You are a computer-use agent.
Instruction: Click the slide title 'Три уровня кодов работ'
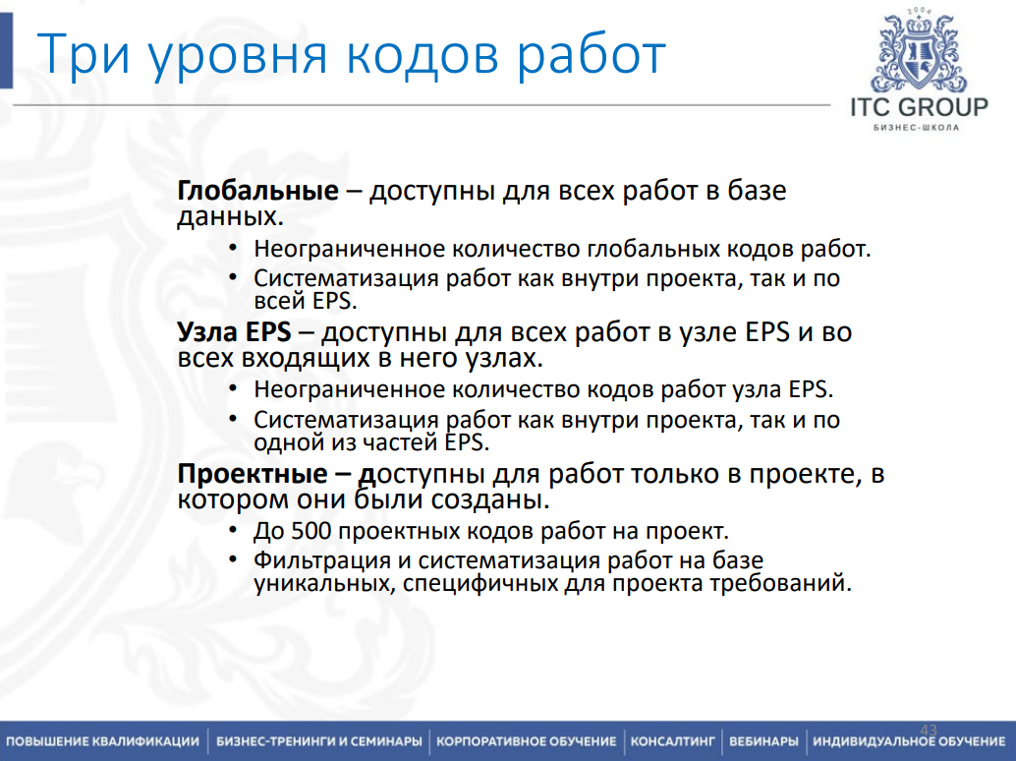point(352,55)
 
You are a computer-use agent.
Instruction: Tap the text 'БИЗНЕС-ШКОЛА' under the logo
point(920,128)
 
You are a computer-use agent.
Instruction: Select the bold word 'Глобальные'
point(257,191)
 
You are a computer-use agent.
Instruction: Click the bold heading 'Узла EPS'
point(234,332)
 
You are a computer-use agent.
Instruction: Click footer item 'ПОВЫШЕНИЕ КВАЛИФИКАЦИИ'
point(102,740)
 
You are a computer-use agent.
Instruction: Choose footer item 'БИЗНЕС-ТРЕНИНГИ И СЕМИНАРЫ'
point(319,740)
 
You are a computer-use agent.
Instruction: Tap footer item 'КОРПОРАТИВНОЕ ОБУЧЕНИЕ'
point(526,740)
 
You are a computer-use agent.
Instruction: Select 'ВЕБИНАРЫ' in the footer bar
point(763,740)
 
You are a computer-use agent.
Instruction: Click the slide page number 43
point(929,729)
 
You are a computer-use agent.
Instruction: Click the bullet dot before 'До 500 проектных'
point(233,532)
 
